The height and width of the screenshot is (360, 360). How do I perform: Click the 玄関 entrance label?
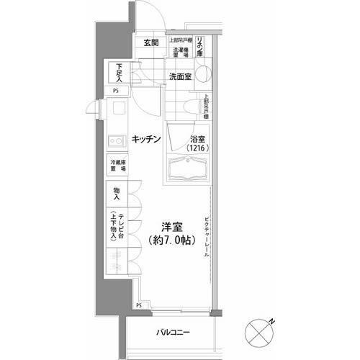(x=150, y=43)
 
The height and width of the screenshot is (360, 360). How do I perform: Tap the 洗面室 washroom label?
(x=180, y=76)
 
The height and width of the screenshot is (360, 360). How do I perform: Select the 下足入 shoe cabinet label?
(x=119, y=72)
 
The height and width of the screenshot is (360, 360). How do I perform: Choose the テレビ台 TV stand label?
(x=118, y=222)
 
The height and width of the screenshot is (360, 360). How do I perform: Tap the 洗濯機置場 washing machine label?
(x=181, y=52)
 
